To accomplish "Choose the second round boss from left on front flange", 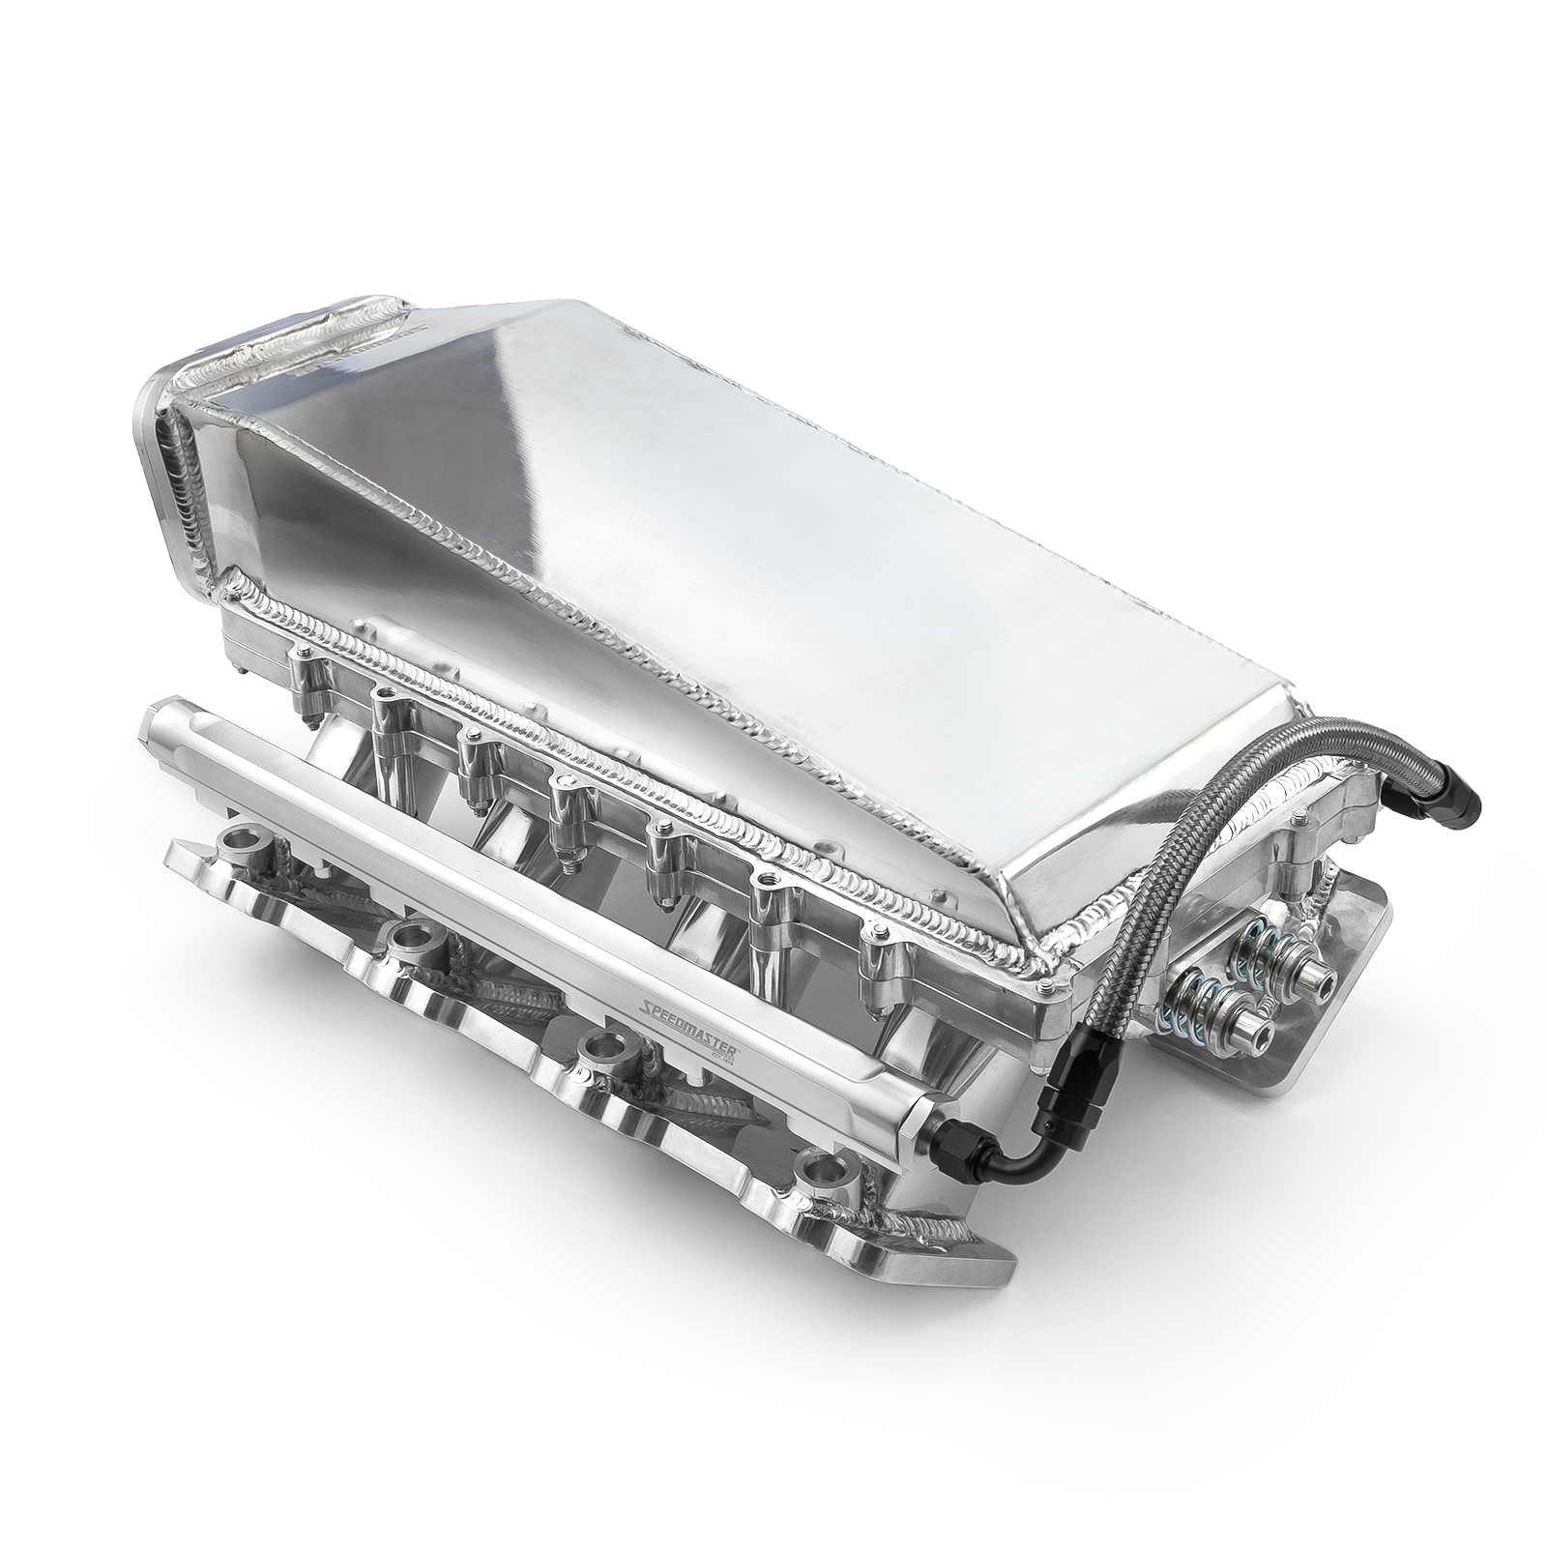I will click(x=410, y=932).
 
